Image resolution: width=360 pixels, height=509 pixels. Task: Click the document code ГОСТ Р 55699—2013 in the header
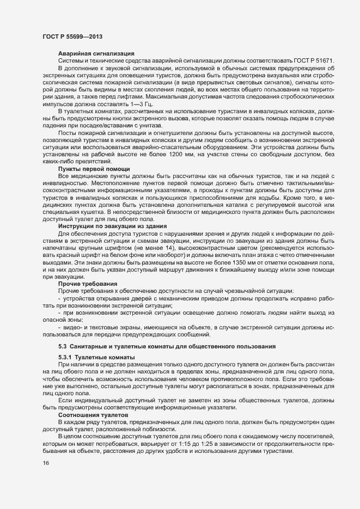(x=71, y=35)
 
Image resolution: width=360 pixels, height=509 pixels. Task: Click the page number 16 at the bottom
(x=46, y=463)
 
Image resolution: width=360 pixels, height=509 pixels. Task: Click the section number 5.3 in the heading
(x=62, y=346)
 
